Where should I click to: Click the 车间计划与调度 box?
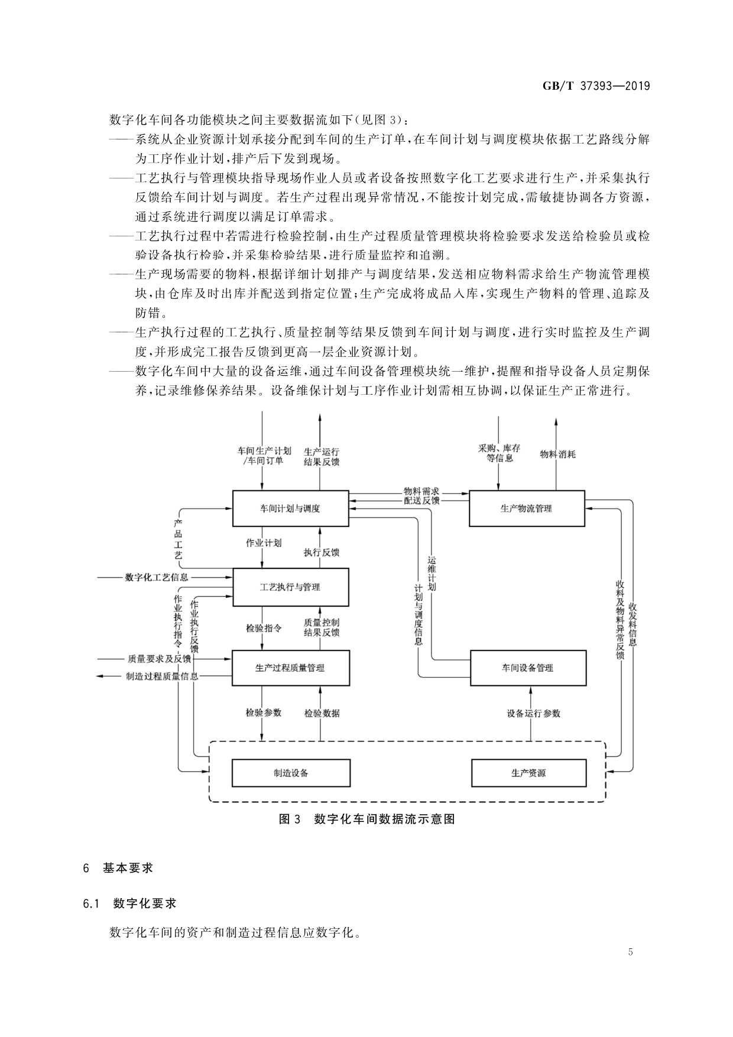coord(290,508)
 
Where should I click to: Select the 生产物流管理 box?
coord(526,508)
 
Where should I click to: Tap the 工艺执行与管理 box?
coord(290,587)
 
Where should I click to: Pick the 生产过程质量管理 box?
coord(290,668)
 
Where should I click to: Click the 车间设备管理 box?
coord(528,668)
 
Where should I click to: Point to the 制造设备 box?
coord(290,773)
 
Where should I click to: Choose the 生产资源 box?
coord(528,773)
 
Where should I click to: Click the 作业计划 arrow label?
coord(264,543)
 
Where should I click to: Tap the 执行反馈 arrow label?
coord(322,552)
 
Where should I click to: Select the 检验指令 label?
coord(264,628)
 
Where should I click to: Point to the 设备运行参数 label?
coord(533,713)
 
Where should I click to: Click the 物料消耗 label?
coord(557,454)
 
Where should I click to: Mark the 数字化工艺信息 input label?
coord(157,577)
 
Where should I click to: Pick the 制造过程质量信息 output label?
coord(162,677)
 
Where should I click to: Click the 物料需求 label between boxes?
coord(421,491)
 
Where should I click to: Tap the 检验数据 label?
coord(322,713)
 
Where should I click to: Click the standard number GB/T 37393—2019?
coord(596,86)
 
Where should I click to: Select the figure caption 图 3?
coord(290,819)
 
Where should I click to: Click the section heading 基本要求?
coord(128,868)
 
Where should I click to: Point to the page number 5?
coord(630,952)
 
